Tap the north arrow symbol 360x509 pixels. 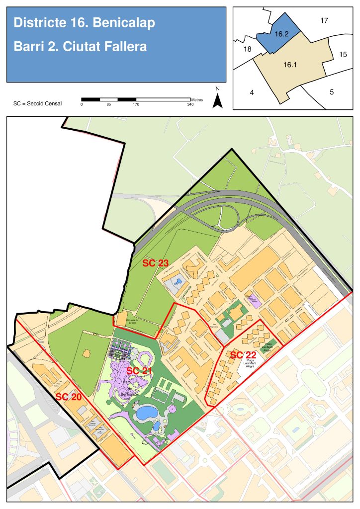tap(217, 100)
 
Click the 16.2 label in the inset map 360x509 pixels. tap(281, 34)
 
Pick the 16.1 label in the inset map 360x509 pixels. tap(290, 65)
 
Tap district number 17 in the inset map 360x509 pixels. tap(324, 21)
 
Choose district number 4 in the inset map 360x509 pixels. tap(252, 92)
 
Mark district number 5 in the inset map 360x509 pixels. tap(331, 92)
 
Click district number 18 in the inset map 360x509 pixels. tap(248, 49)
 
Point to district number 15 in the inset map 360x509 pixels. tap(343, 55)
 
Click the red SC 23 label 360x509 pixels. tap(155, 263)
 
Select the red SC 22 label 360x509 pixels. tap(243, 355)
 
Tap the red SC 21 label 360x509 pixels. tap(139, 371)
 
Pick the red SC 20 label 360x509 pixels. tap(68, 397)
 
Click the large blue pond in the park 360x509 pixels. tap(146, 413)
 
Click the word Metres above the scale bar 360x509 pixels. tap(196, 100)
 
